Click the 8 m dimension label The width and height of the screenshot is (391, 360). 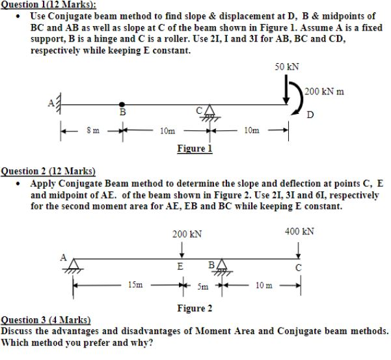click(92, 130)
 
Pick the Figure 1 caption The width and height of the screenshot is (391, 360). click(195, 148)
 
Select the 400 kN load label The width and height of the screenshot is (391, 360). click(299, 230)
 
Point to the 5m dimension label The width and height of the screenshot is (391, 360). click(202, 285)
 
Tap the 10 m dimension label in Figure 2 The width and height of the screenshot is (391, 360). click(263, 285)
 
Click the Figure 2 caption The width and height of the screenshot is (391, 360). click(195, 308)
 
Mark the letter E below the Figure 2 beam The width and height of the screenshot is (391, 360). click(180, 266)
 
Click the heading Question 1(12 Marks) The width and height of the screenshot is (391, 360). click(49, 4)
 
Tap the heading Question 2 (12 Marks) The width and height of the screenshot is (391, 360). click(49, 172)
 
